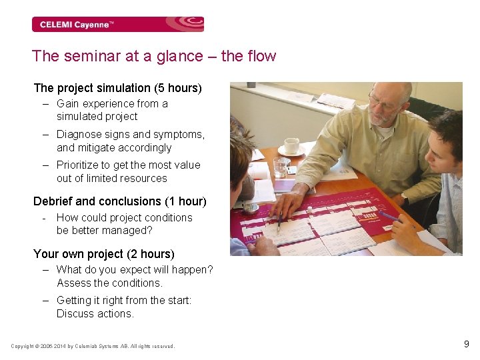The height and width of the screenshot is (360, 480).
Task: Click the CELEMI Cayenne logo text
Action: pos(77,25)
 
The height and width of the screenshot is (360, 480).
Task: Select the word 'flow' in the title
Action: pos(261,57)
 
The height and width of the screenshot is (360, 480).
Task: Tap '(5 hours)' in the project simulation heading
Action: pos(178,88)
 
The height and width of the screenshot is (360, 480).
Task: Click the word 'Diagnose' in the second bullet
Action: pos(78,135)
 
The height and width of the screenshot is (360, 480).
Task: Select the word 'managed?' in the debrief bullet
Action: pos(131,231)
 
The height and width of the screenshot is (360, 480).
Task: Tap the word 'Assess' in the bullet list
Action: pos(73,283)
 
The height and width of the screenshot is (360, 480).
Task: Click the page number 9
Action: pos(466,345)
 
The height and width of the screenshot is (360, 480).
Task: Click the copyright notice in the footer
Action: pos(93,346)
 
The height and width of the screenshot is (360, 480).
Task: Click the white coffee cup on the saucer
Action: pos(291,145)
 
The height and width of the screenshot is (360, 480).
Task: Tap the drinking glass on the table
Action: pos(281,166)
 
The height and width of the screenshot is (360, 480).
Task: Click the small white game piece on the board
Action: pos(309,209)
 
